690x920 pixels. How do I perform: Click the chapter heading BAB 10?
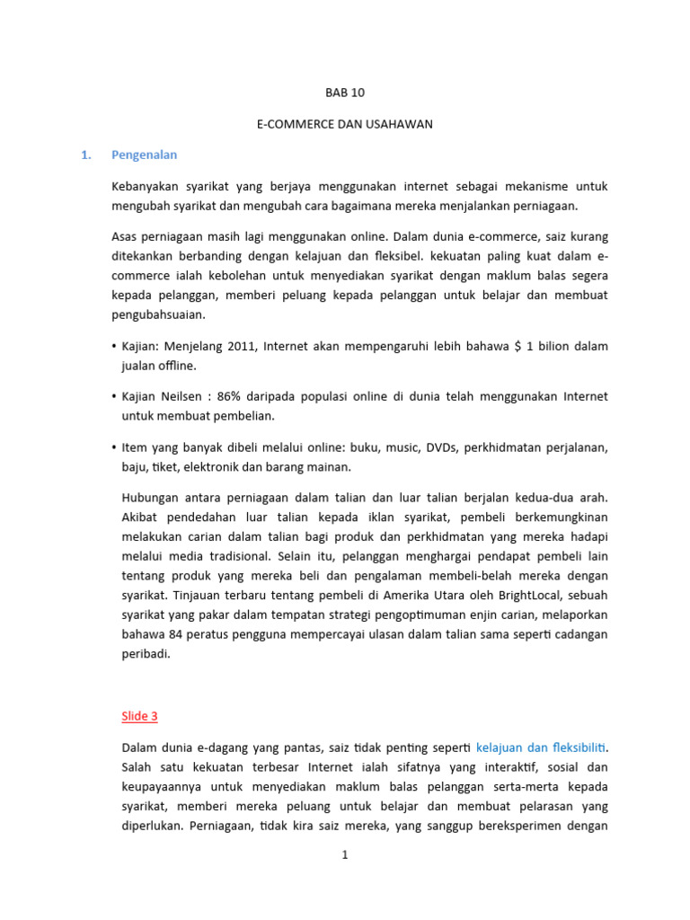pos(344,93)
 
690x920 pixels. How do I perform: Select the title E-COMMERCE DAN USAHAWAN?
pos(344,124)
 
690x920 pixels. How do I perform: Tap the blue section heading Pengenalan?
pos(144,155)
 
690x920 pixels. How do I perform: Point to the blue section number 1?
pos(85,155)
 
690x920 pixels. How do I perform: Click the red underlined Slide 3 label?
pos(139,716)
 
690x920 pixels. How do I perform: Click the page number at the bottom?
pos(344,855)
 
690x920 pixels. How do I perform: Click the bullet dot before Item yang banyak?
pos(114,447)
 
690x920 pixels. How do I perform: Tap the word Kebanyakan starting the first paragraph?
pos(146,186)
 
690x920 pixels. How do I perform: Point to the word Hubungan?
pos(148,497)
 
